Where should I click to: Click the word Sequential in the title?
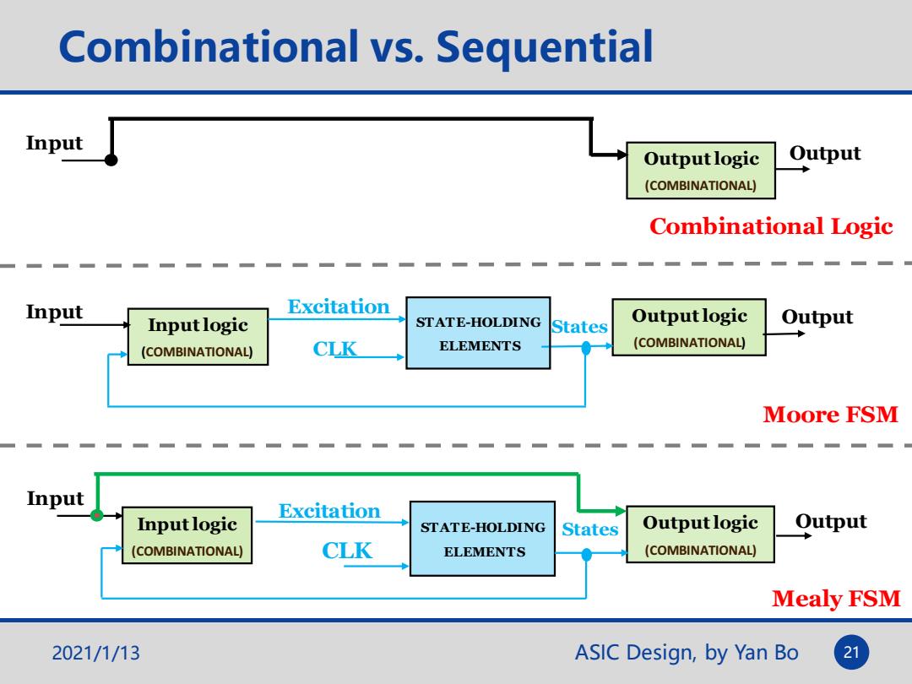tap(545, 48)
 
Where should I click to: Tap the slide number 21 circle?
tap(851, 652)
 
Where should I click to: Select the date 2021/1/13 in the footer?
tap(96, 653)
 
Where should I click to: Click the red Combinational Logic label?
tap(771, 226)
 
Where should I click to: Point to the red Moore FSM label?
tap(831, 414)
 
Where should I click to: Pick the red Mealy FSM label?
tap(836, 599)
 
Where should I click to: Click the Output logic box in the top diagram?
tap(701, 171)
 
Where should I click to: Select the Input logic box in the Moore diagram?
tap(198, 337)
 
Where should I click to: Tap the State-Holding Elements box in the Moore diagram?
tap(478, 334)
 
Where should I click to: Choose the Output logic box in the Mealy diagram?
tap(700, 535)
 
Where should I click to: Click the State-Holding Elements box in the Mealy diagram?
tap(483, 539)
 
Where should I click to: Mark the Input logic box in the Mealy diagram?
tap(187, 535)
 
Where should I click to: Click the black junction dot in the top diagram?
tap(111, 160)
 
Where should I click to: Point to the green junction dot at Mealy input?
tap(97, 515)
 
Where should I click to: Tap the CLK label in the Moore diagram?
tap(334, 349)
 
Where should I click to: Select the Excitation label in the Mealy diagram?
tap(329, 511)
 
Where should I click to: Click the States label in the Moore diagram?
tap(579, 326)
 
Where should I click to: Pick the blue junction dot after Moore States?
tap(586, 348)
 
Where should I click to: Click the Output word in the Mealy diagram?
tap(831, 522)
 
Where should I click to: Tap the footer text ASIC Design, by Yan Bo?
tap(687, 653)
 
